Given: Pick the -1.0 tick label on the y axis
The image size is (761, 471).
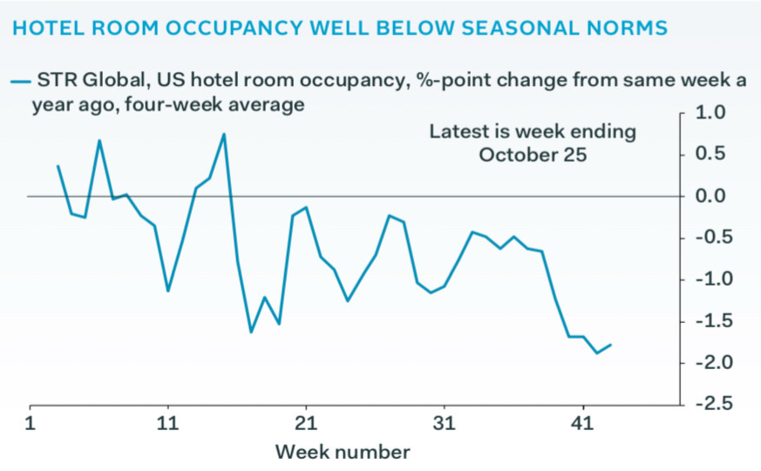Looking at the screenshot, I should pos(707,279).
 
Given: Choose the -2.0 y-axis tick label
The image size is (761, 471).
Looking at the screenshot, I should pos(707,363).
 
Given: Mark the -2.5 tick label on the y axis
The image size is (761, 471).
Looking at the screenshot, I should pos(707,405).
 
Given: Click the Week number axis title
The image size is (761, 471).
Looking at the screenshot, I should pos(343,452).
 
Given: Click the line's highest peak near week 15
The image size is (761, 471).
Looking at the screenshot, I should pos(224,134).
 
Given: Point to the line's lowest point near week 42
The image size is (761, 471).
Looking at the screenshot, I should pos(597,353).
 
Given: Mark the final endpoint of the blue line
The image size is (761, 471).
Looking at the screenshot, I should pos(611,345).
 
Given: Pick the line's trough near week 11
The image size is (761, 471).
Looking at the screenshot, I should pos(168,291).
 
